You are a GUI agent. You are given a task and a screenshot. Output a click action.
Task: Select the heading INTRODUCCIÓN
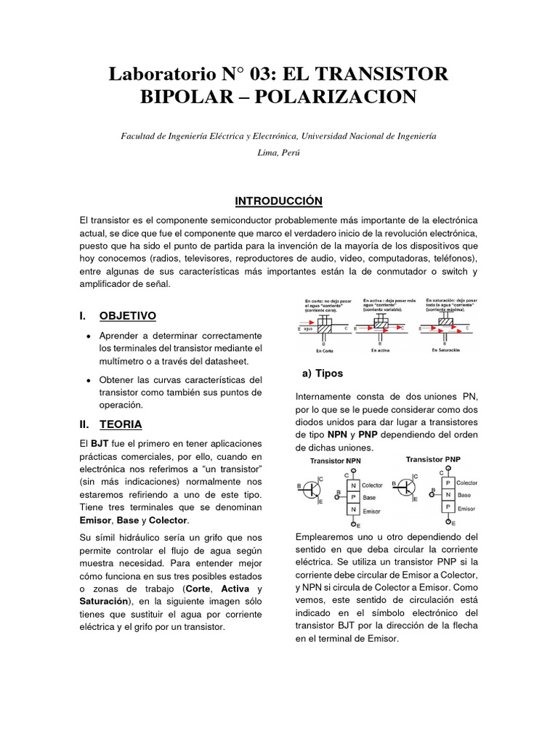(x=278, y=201)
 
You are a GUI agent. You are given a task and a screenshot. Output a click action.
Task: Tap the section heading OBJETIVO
(x=127, y=316)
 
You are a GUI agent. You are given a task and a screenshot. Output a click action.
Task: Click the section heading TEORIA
(x=121, y=424)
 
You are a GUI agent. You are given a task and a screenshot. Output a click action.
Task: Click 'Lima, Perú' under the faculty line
(x=278, y=153)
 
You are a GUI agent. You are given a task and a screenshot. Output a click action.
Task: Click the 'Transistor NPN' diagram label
(x=335, y=461)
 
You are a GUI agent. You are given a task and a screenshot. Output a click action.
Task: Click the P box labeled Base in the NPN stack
(x=353, y=498)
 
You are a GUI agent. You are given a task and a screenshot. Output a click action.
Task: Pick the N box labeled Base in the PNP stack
(x=448, y=495)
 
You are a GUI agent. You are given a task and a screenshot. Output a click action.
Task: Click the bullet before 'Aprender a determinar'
(x=88, y=336)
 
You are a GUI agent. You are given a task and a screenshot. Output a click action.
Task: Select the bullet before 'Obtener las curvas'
(x=88, y=380)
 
